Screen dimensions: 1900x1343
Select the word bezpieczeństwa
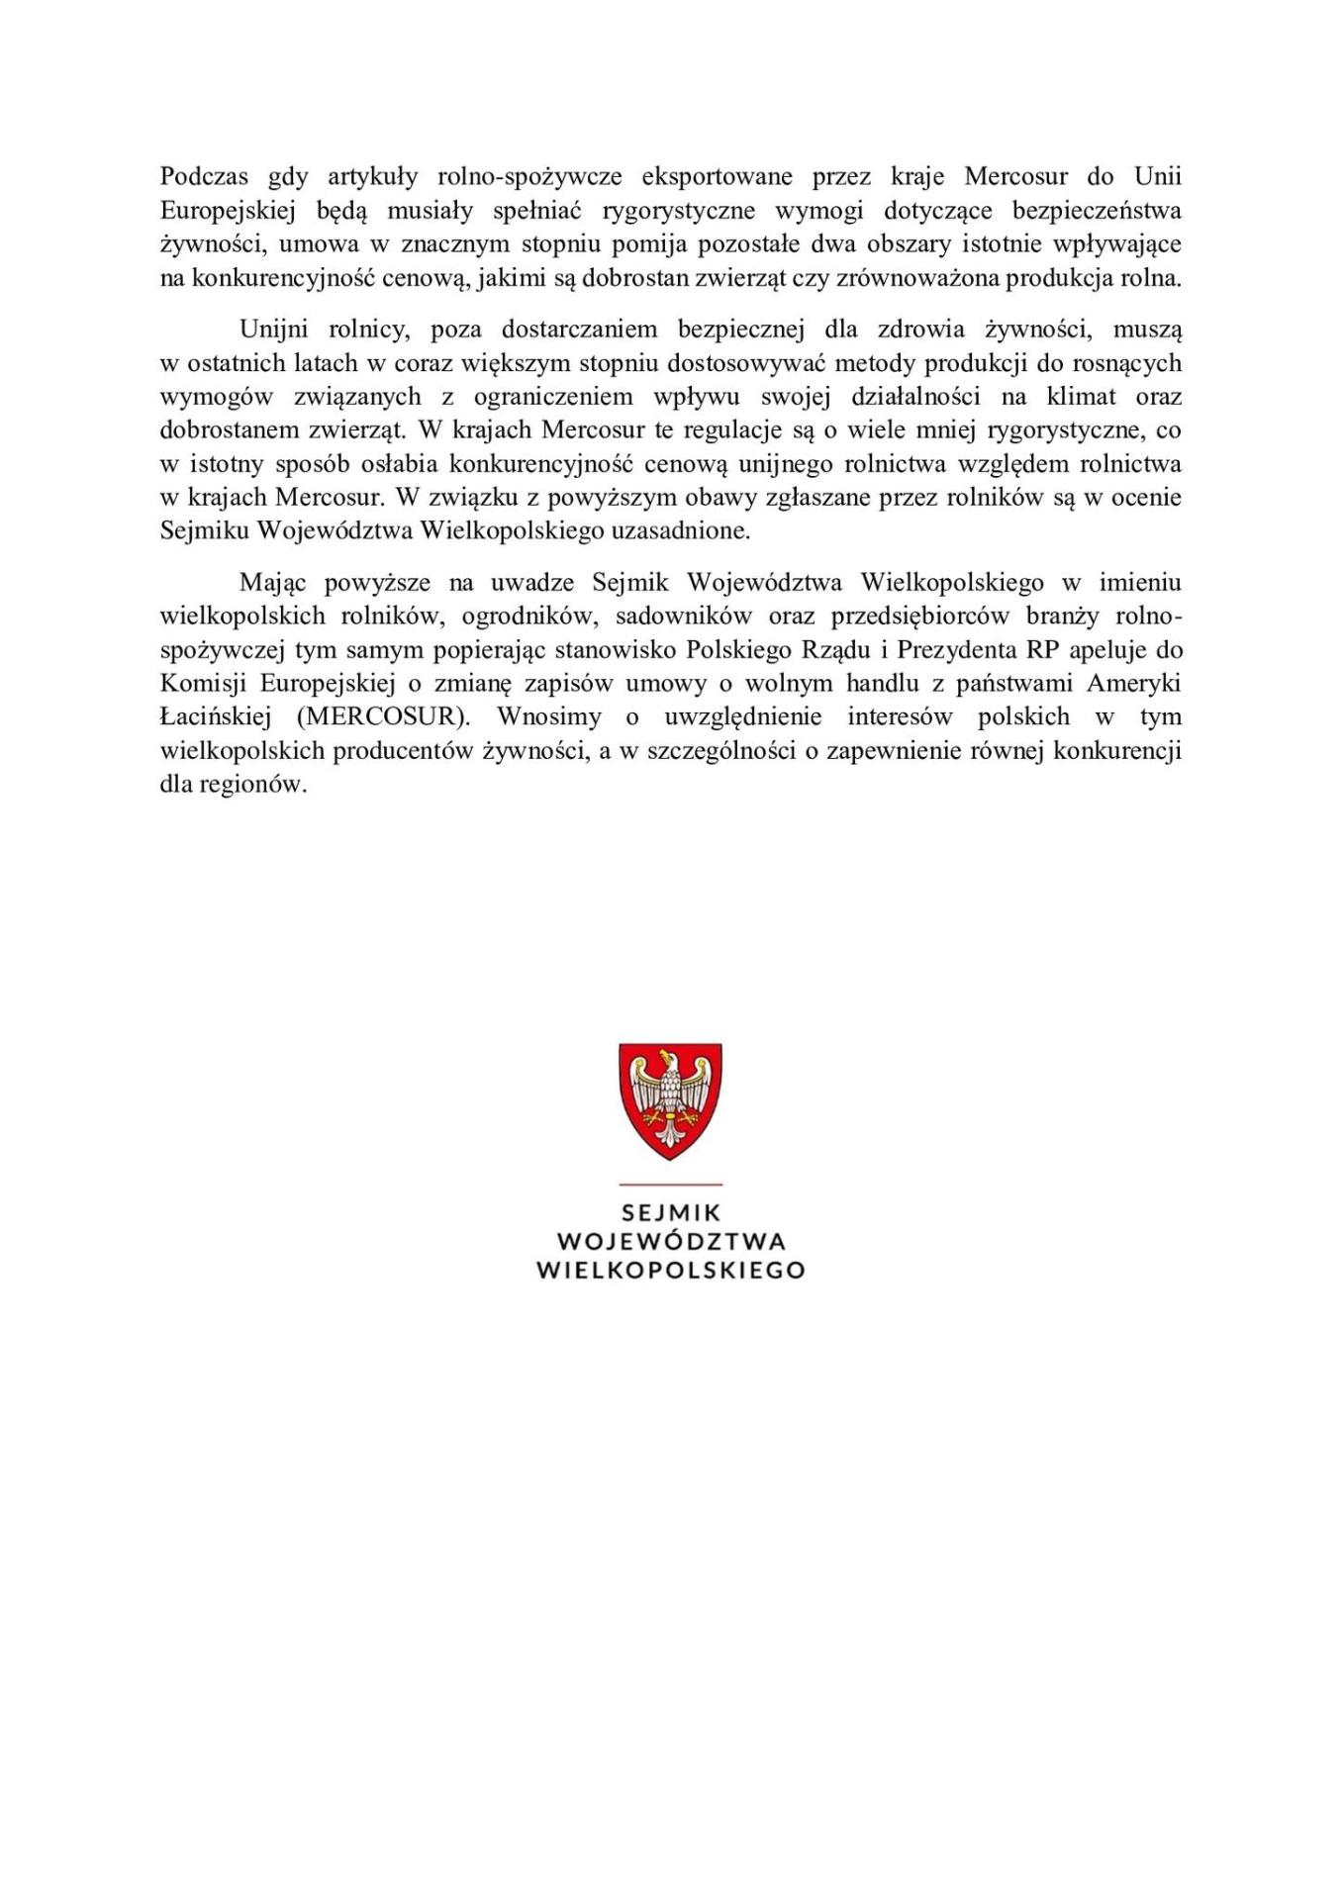(1097, 211)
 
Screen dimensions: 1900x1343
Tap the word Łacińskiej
(215, 716)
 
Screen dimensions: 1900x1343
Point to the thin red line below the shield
(671, 1184)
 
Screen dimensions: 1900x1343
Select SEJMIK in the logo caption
(671, 1212)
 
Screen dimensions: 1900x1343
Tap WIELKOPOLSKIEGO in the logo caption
(670, 1270)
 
